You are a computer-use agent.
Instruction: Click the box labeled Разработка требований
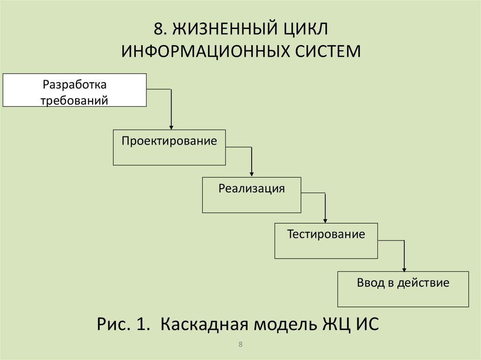[x=75, y=90]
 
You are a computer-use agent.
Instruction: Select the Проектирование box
[x=169, y=147]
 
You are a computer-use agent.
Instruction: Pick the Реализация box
[x=251, y=195]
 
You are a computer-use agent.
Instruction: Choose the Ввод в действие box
[x=403, y=289]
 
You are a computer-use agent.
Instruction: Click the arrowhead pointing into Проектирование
[x=171, y=127]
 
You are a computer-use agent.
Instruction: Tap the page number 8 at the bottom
[x=240, y=345]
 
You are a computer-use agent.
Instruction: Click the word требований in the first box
[x=75, y=100]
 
